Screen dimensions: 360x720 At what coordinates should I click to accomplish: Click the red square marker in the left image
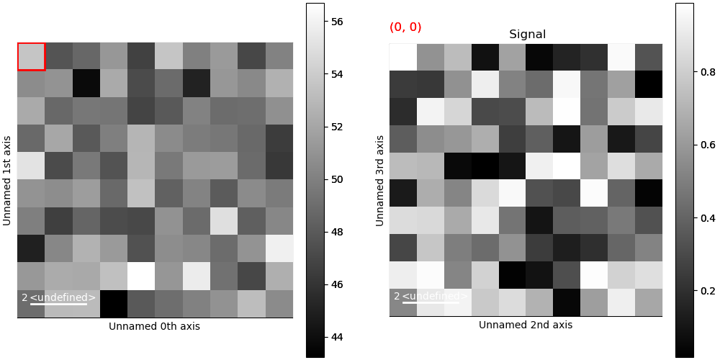31,56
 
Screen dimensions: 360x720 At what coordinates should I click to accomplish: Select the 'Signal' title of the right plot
527,35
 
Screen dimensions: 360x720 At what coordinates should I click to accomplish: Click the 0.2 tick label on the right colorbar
708,291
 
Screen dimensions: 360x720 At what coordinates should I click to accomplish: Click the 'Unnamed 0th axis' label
154,327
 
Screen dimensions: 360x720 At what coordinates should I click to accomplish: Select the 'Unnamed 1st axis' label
7,180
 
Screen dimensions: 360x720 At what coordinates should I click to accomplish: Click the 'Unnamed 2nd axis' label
526,325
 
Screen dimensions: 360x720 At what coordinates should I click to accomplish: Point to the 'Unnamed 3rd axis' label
379,180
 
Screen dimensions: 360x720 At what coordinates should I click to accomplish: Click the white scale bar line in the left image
58,304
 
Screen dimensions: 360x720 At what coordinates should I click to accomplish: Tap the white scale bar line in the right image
431,302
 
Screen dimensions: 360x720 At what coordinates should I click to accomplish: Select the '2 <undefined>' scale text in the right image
431,296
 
